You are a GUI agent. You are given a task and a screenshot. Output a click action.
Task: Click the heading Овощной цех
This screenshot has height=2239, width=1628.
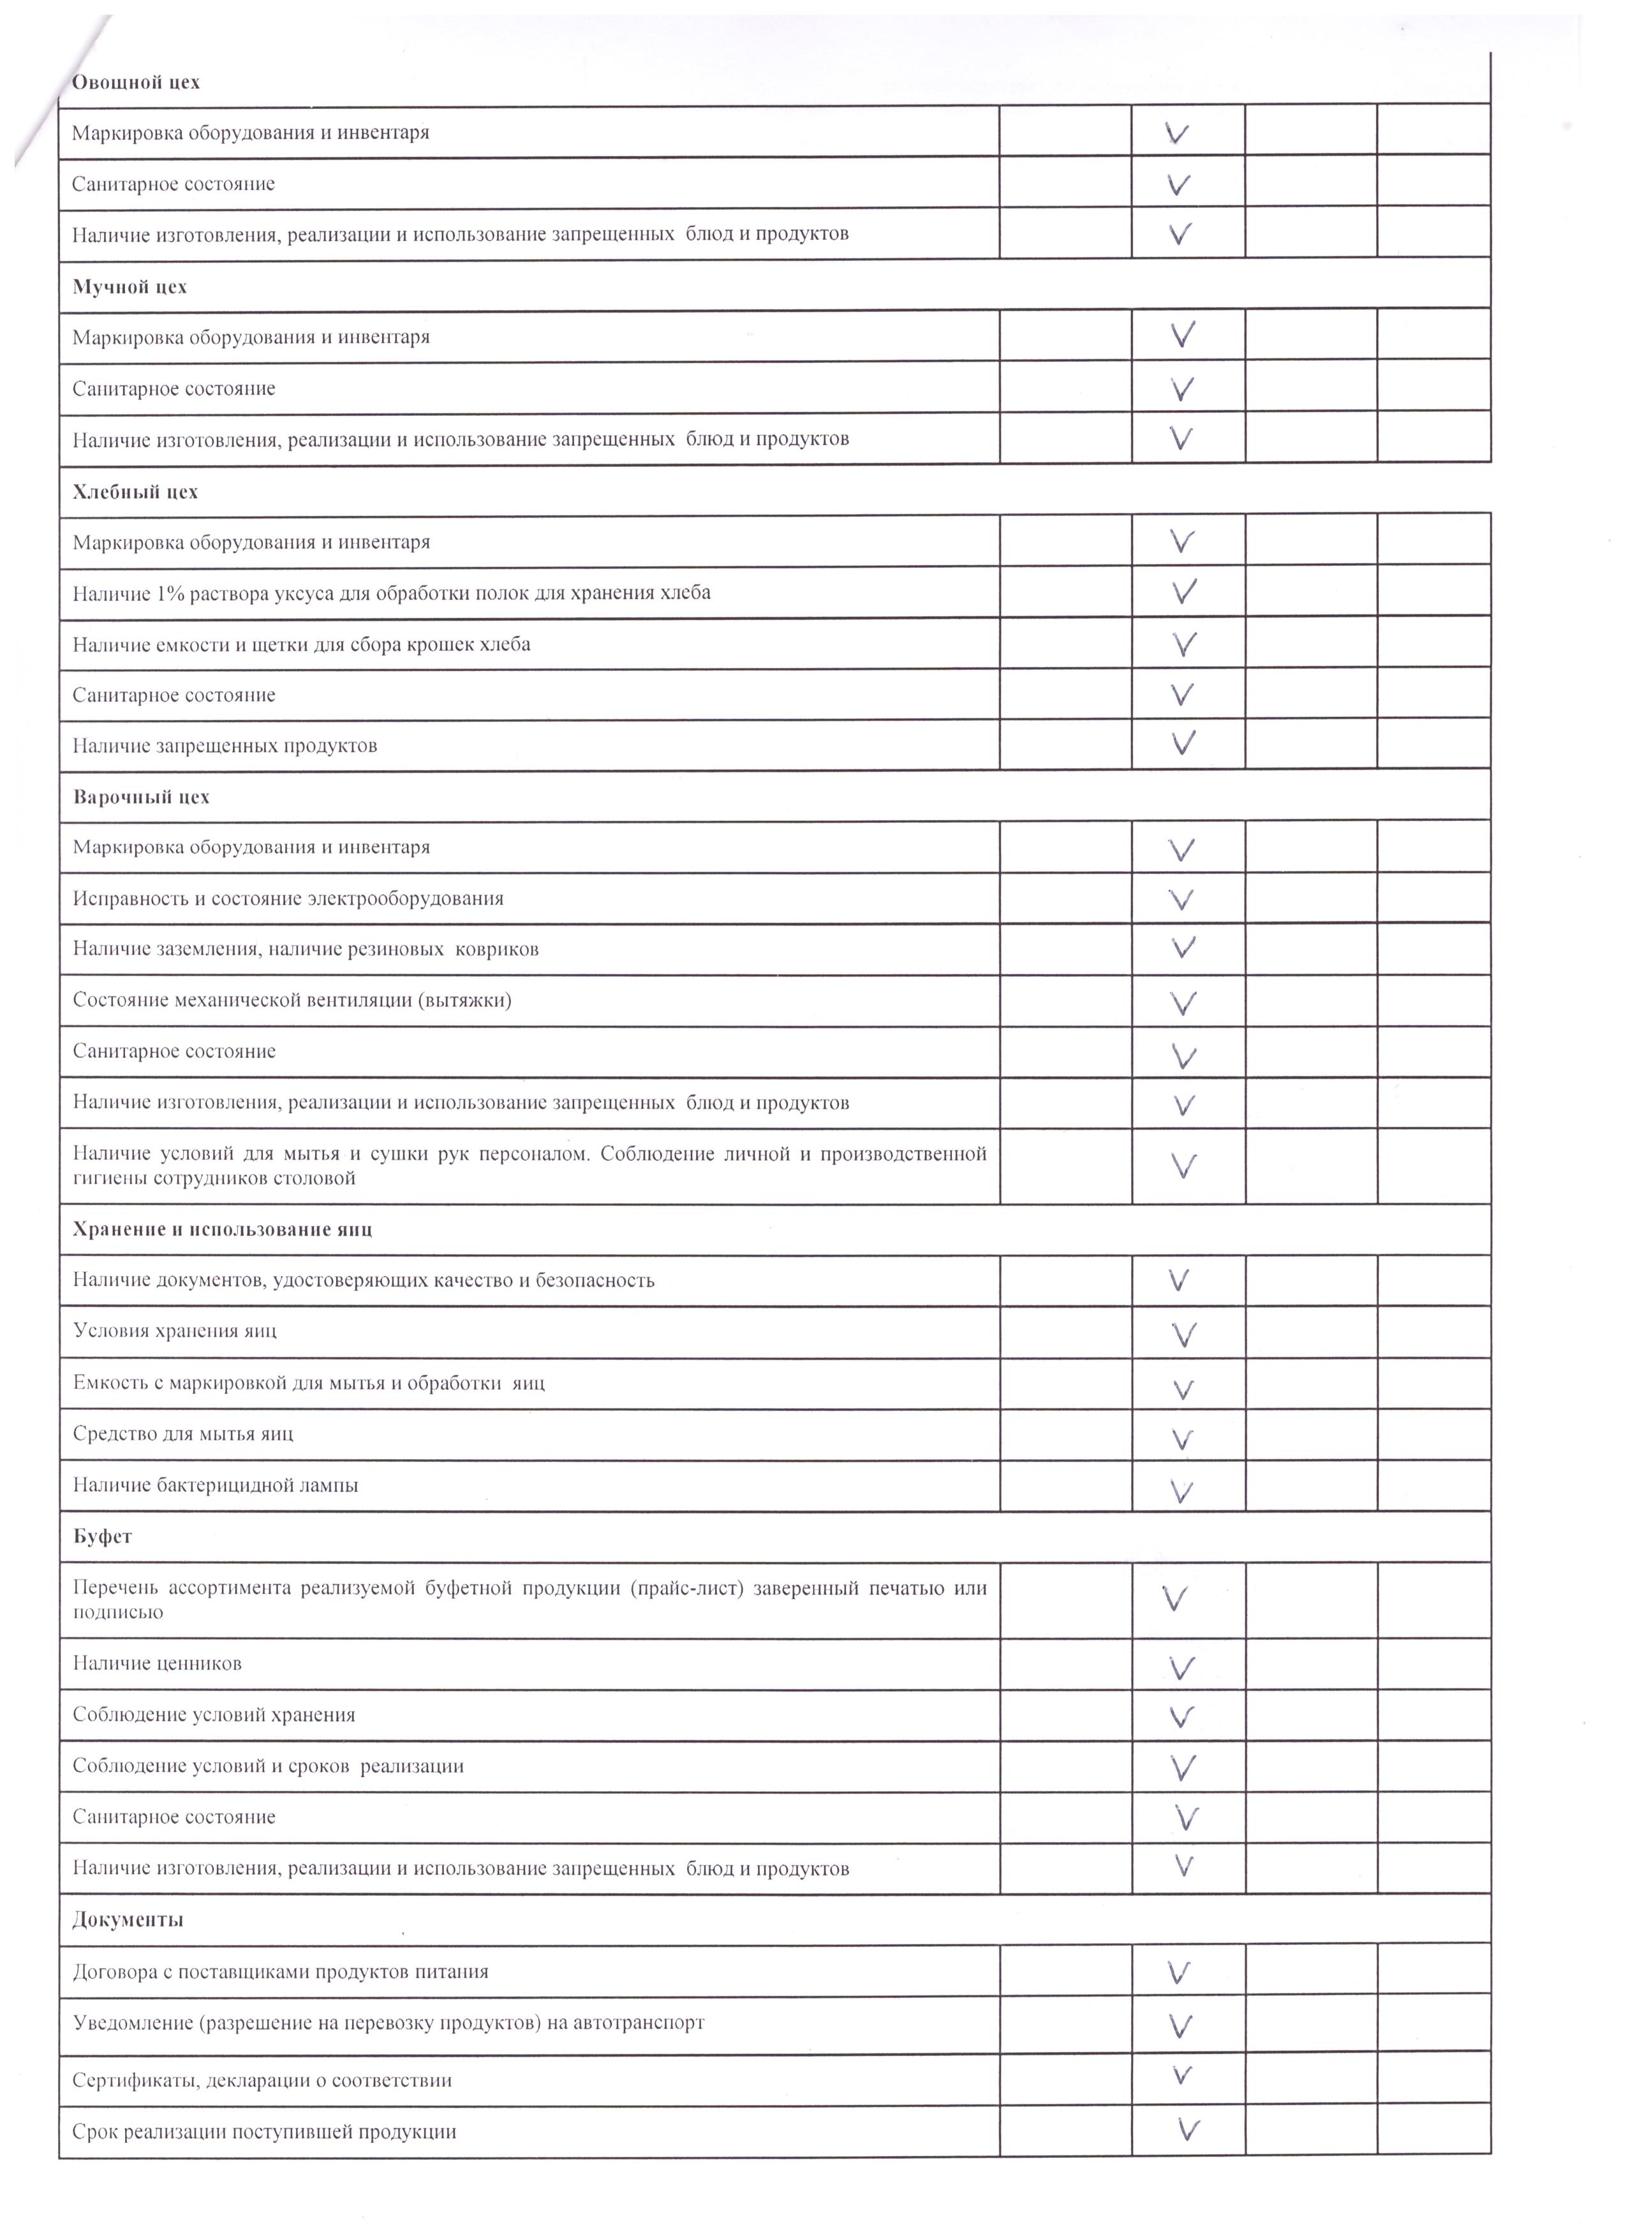(137, 82)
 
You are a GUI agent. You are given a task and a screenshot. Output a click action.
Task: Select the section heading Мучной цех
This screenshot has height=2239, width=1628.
(129, 287)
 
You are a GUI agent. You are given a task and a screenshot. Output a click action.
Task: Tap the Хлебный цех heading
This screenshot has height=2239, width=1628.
(135, 492)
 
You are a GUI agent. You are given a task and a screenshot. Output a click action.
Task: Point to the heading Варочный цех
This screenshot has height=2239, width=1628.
(141, 797)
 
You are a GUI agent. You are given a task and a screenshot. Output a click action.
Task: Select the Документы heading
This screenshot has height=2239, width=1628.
(128, 1920)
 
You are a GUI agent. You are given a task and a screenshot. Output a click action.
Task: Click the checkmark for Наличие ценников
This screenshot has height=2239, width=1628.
(1181, 1668)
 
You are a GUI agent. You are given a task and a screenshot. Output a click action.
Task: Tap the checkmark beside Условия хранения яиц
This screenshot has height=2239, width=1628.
(1184, 1334)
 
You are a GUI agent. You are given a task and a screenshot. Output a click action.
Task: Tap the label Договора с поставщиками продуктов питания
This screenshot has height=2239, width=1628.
(281, 1972)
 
